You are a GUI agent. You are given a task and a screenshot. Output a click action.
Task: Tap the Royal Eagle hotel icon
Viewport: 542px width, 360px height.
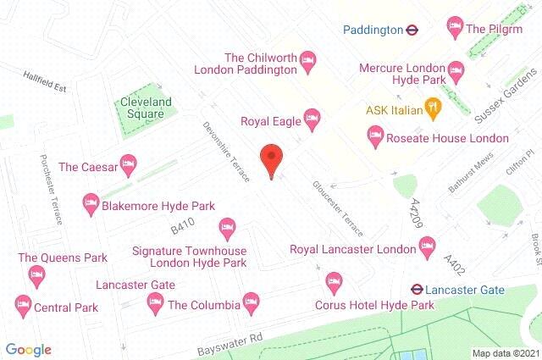point(312,117)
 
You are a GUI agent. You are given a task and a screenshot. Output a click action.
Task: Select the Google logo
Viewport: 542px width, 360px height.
point(28,349)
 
